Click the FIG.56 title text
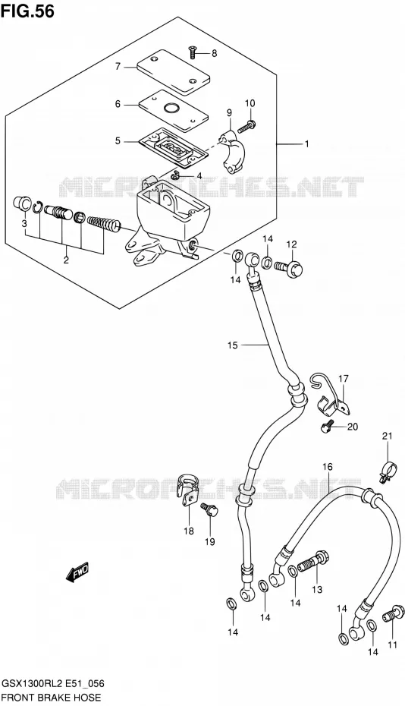(x=27, y=11)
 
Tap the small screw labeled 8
(x=192, y=52)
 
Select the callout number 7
(x=118, y=67)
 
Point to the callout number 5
(x=118, y=141)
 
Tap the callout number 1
(x=306, y=144)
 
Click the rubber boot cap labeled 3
(x=22, y=203)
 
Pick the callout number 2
(x=66, y=260)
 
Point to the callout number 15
(x=232, y=345)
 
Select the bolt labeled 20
(x=327, y=427)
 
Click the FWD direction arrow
(x=78, y=572)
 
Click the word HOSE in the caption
(x=86, y=698)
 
